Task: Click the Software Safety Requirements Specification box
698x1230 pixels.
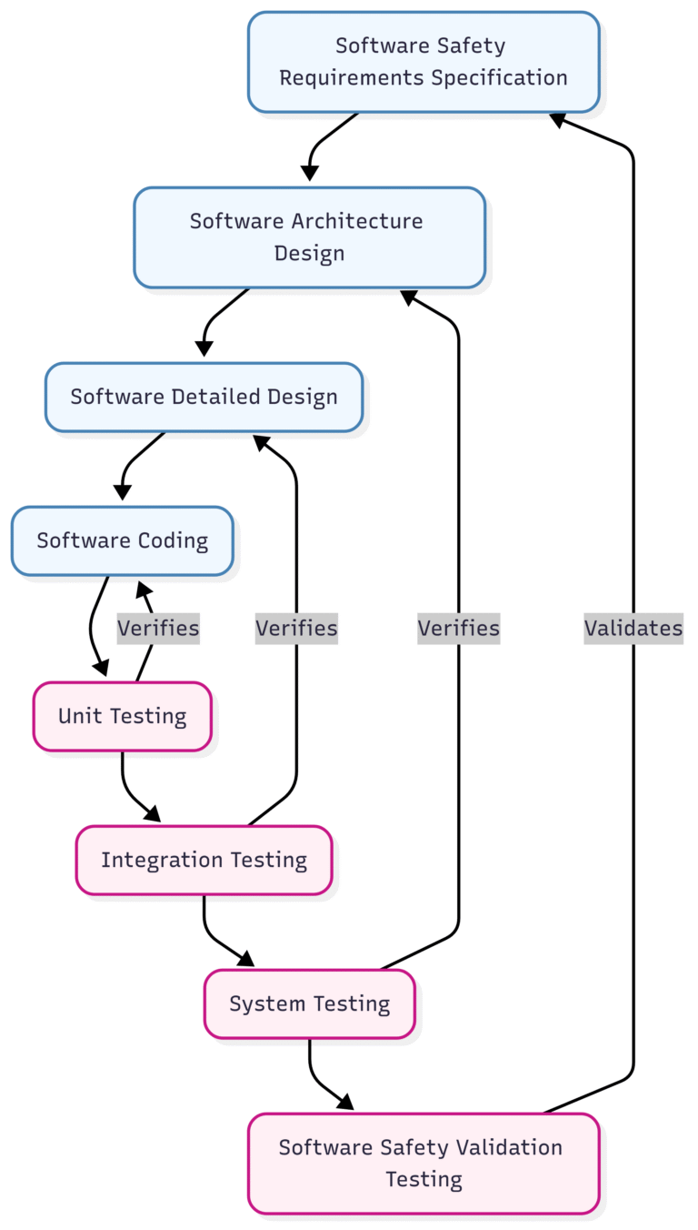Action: coord(424,62)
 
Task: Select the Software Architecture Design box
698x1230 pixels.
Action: coord(309,237)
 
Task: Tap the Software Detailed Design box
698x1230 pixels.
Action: coord(204,397)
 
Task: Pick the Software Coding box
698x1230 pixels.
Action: coord(122,540)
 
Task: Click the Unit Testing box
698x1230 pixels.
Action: coord(122,716)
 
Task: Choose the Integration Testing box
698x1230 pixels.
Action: coord(204,860)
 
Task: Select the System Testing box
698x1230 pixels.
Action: coord(309,1003)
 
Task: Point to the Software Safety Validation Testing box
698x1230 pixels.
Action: coord(424,1163)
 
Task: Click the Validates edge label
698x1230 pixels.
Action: coord(633,628)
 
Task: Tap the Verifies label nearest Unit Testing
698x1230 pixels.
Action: coord(158,628)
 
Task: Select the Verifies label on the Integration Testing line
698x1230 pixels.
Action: coord(296,628)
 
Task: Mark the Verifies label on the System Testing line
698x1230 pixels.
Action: coord(458,628)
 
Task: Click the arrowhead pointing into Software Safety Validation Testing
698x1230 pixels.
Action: coord(345,1103)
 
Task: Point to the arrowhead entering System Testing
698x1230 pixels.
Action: coord(245,959)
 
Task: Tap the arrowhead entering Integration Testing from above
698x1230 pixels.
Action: coord(152,814)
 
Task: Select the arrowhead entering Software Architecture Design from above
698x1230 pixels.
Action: coord(309,172)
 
